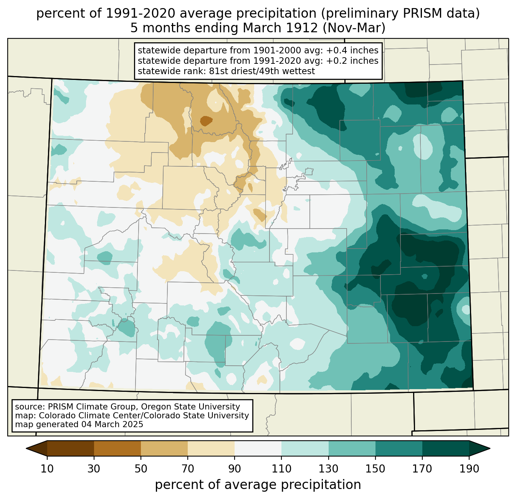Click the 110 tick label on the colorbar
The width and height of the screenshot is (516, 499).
tap(281, 469)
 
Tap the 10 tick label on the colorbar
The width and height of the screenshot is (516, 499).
tap(47, 469)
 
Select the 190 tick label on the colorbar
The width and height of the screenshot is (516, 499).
tap(469, 469)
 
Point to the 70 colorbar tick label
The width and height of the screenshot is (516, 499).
tap(188, 469)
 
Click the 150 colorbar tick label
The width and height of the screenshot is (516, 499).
tap(375, 469)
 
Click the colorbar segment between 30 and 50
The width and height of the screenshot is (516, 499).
tap(117, 448)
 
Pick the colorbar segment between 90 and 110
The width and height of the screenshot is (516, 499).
tap(258, 448)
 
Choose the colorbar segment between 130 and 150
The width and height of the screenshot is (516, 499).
tap(352, 448)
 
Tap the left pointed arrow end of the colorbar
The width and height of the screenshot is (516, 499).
tap(26, 448)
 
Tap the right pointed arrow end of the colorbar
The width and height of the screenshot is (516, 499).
tap(490, 448)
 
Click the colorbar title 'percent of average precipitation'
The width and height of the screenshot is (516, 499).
tap(258, 485)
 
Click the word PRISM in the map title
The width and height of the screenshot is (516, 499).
tap(418, 13)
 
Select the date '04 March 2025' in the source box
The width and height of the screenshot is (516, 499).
tap(112, 424)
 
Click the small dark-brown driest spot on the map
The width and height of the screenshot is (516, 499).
tap(206, 121)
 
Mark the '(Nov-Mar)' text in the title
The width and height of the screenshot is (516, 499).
tap(354, 28)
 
